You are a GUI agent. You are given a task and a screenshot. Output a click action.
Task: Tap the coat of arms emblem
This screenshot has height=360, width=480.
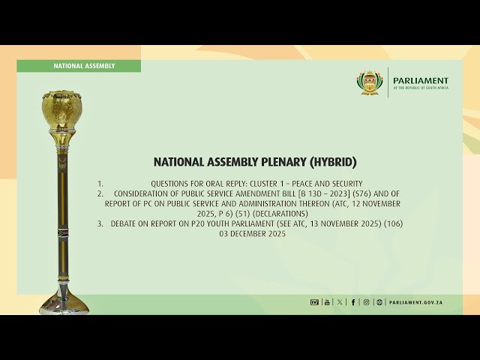coord(370,82)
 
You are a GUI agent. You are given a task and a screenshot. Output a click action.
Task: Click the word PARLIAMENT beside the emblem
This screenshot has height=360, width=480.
coord(420,80)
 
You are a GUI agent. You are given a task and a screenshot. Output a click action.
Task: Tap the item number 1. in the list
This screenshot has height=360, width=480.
coord(100,184)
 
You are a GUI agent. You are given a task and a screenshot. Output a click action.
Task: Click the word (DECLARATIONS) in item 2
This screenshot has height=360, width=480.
coord(282,214)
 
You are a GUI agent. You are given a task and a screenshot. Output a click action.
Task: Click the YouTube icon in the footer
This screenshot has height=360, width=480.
coord(327,302)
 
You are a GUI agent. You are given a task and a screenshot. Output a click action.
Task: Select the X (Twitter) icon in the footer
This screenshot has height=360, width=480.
coord(340,302)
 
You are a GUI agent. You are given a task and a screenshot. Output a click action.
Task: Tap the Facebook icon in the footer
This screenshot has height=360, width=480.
coord(353,302)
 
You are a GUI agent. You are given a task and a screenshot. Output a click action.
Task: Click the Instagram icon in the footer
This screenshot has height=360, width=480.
coord(366,302)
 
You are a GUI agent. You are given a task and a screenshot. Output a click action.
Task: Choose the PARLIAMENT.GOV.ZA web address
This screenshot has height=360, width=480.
coord(415,302)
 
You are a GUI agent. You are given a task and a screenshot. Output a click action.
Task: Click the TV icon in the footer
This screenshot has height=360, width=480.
coord(314,302)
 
